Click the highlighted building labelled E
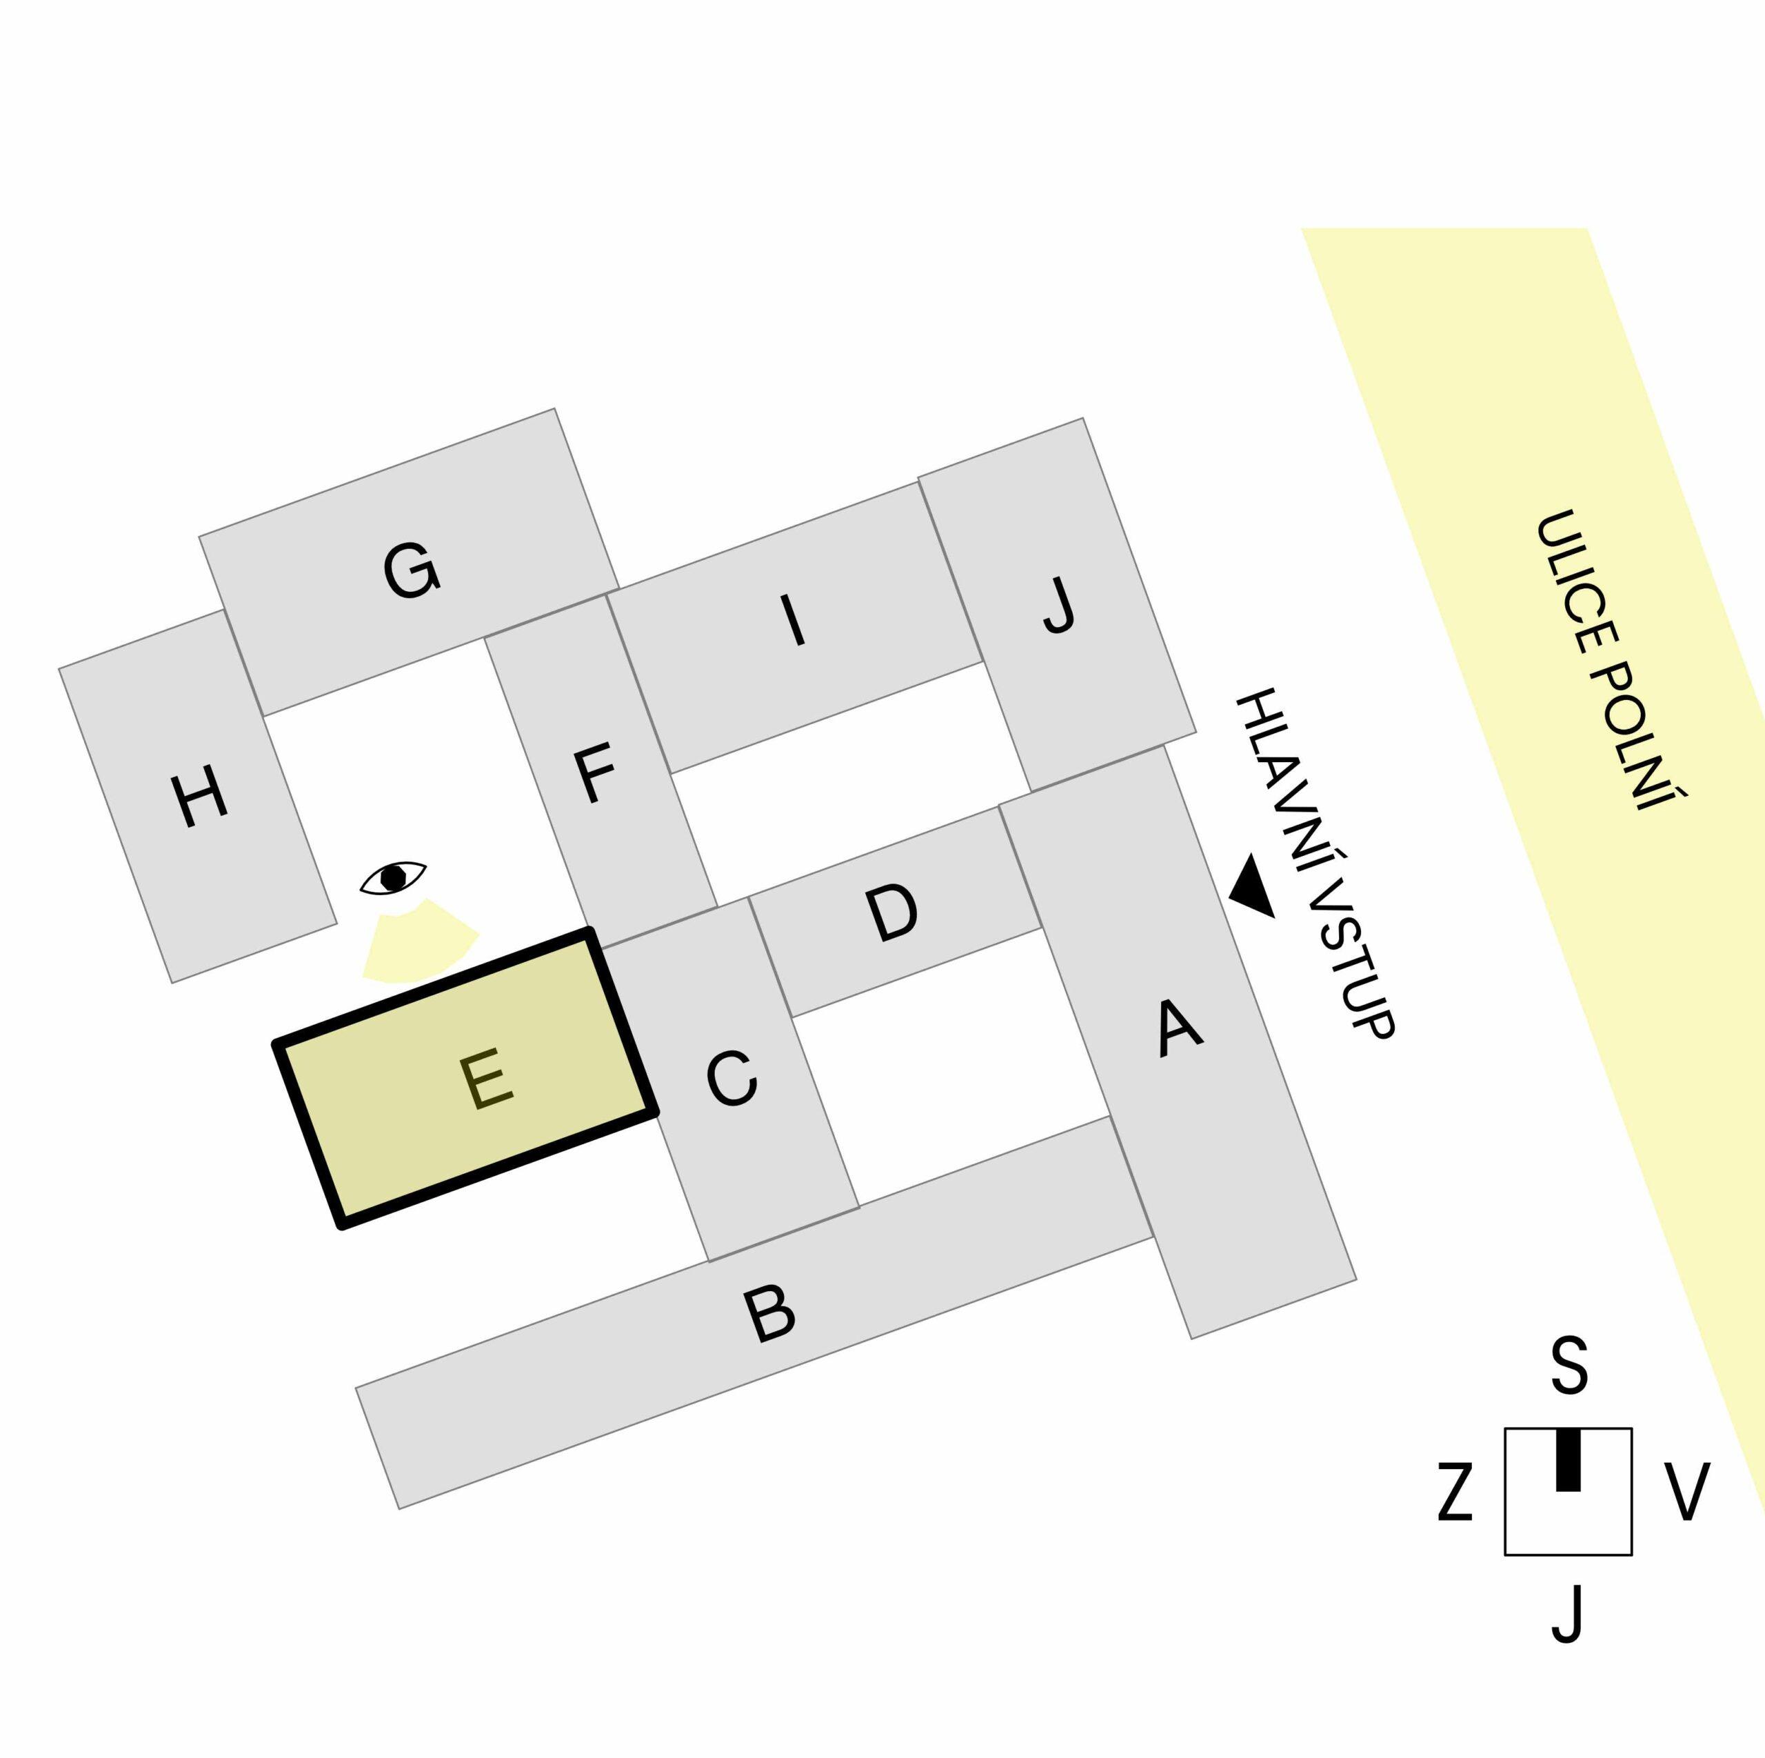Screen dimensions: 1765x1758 [x=466, y=1078]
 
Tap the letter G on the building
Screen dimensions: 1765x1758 [x=411, y=571]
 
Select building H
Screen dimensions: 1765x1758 [x=197, y=797]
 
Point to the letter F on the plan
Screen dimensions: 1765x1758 [x=594, y=774]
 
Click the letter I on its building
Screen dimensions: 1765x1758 [x=792, y=619]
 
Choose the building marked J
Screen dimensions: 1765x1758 [x=1057, y=605]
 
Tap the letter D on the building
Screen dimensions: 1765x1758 [x=891, y=912]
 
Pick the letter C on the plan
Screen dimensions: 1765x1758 [x=731, y=1079]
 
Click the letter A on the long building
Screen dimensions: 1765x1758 [x=1178, y=1029]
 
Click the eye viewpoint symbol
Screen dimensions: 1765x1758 [x=393, y=877]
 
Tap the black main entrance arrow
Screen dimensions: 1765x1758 [x=1253, y=886]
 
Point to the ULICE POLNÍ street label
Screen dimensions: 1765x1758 [x=1611, y=660]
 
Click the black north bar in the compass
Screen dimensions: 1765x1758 [x=1568, y=1459]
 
